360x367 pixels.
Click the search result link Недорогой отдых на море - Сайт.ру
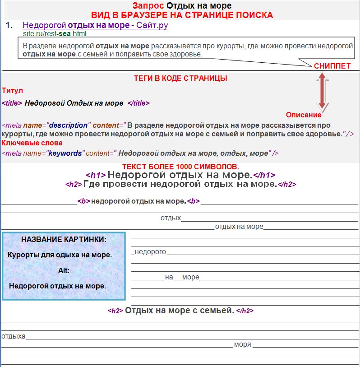coord(95,25)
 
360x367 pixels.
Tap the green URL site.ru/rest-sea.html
coord(54,33)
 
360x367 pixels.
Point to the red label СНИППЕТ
coord(332,66)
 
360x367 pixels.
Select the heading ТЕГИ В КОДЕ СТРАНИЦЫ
coord(180,78)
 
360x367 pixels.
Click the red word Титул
coord(12,91)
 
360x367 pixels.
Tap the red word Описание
coord(304,115)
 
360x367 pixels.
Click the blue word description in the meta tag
coord(68,125)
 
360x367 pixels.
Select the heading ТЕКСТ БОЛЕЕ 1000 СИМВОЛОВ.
coord(180,167)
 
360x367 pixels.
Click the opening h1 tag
coord(96,176)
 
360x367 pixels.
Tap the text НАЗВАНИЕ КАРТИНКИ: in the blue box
coord(64,239)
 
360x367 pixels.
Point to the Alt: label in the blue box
coord(64,270)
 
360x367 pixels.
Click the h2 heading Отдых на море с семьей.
coord(180,311)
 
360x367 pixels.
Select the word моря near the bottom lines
coord(242,344)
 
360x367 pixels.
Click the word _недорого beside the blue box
coord(149,251)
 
